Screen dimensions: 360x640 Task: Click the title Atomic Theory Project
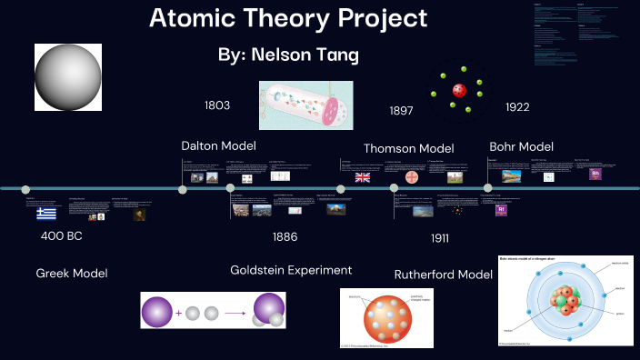click(x=287, y=18)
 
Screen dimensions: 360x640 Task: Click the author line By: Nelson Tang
click(x=288, y=55)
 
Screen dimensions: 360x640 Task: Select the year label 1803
click(x=216, y=105)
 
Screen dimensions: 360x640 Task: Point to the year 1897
click(x=401, y=110)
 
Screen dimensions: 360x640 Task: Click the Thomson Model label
click(x=408, y=148)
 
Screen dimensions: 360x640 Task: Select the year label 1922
click(x=517, y=107)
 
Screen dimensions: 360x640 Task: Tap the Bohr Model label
click(x=521, y=145)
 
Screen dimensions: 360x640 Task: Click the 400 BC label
click(x=63, y=235)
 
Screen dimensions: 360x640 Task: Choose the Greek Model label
click(x=72, y=273)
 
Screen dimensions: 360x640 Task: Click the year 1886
click(x=285, y=236)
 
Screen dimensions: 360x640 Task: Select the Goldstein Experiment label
click(x=291, y=270)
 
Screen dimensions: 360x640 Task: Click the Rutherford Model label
click(x=443, y=275)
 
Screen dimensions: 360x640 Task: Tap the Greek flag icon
click(x=46, y=214)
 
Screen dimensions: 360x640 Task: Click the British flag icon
click(x=363, y=177)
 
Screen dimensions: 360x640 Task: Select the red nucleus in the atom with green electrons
click(x=458, y=90)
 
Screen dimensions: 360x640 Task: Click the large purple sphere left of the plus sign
click(x=158, y=312)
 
